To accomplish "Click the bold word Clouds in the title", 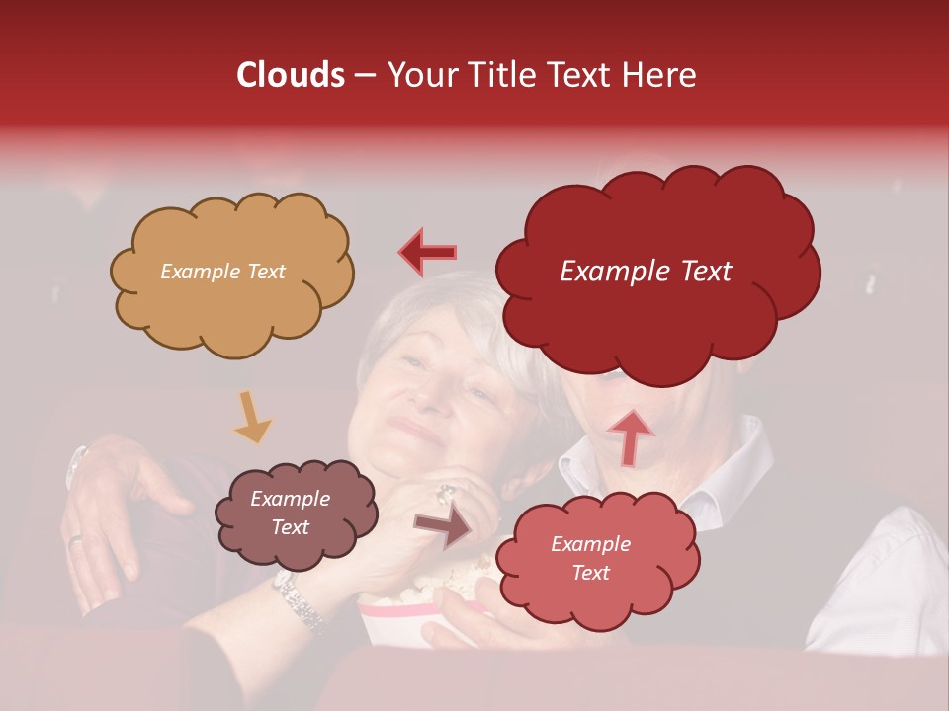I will click(290, 75).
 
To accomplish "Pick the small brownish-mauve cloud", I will click(296, 513).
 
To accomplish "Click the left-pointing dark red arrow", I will click(428, 252).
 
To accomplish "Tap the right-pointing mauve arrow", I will click(443, 527).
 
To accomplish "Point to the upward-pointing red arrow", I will click(630, 435).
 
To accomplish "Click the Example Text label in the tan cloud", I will click(222, 272).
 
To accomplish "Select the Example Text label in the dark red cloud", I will click(646, 272).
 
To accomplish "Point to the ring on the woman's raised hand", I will click(447, 493).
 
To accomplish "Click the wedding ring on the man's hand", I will click(75, 539).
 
